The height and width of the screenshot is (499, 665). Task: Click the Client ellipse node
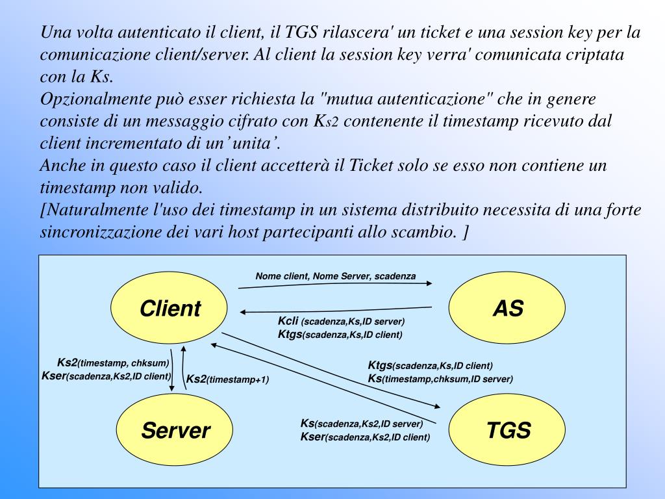click(170, 307)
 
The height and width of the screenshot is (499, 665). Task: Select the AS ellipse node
click(507, 307)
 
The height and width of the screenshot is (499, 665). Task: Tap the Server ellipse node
click(175, 429)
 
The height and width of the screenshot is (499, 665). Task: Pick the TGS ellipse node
click(508, 429)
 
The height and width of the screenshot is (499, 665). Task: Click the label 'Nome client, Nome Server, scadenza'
click(335, 276)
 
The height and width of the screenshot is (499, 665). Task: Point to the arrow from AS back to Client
click(336, 309)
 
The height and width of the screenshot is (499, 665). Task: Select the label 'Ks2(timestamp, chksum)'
click(113, 363)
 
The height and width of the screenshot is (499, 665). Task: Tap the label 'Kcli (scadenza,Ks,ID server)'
click(341, 322)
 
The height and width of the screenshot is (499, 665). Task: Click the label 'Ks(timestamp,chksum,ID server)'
click(440, 379)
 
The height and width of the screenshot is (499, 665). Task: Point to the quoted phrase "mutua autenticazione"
click(407, 99)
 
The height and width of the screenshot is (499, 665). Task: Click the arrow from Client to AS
click(336, 285)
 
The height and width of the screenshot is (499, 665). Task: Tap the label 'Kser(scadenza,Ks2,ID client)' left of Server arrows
click(106, 376)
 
